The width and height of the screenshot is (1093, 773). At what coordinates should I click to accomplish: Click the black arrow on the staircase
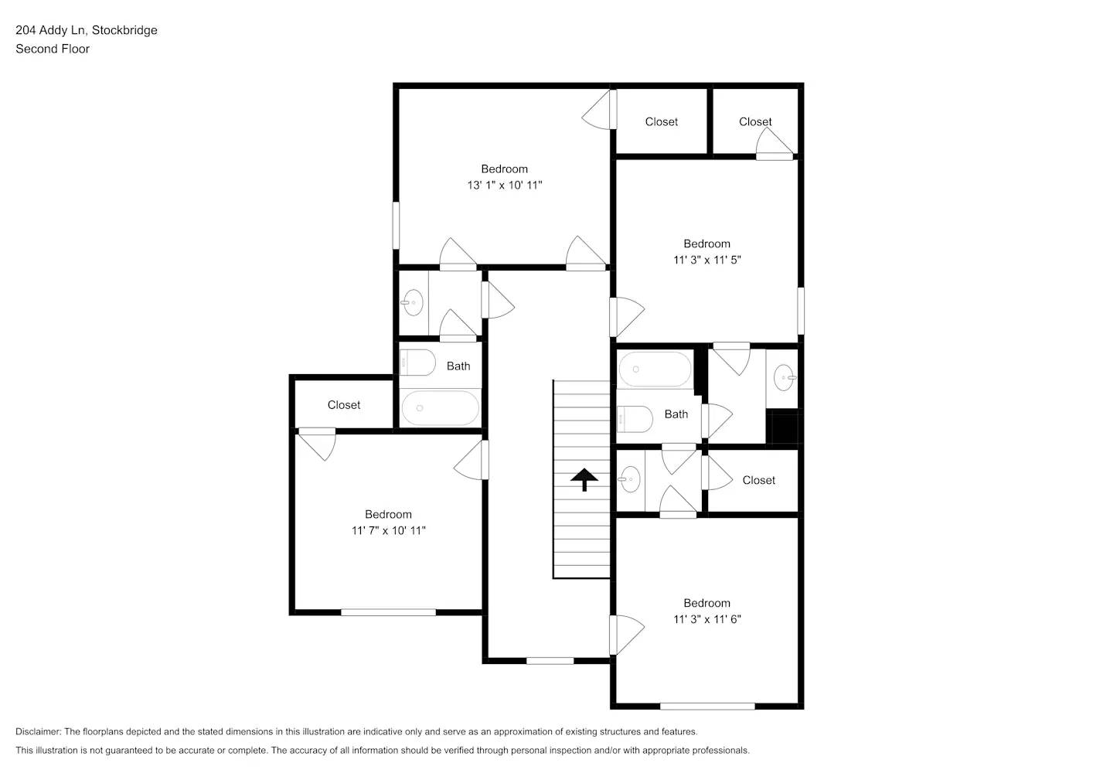(x=584, y=480)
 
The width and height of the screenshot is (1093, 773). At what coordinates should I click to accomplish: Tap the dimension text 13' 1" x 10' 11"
(x=504, y=186)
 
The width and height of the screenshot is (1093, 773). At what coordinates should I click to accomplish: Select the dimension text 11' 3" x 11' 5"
(x=707, y=261)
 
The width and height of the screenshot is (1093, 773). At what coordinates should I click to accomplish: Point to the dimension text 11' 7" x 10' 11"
(x=388, y=531)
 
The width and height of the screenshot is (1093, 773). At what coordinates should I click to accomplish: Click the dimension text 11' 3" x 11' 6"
(x=707, y=619)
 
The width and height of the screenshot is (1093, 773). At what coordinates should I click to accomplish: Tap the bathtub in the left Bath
(x=440, y=407)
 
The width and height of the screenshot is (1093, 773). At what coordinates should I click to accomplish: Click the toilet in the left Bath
(x=417, y=363)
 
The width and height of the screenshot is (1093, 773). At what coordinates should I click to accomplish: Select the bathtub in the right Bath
(x=655, y=369)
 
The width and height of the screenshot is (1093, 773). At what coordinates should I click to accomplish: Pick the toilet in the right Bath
(x=635, y=419)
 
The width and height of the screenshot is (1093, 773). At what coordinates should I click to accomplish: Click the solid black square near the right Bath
(x=783, y=429)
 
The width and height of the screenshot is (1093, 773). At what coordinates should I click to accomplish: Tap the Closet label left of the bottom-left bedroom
(x=343, y=405)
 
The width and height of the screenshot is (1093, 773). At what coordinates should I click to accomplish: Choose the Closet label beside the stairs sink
(x=758, y=480)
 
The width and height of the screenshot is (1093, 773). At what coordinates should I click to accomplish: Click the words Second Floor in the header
(x=53, y=49)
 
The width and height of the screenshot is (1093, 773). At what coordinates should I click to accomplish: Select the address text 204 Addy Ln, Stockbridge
(x=87, y=30)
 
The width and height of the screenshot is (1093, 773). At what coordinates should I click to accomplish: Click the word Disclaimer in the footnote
(x=38, y=731)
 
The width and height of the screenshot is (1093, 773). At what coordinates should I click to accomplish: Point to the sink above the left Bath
(x=413, y=302)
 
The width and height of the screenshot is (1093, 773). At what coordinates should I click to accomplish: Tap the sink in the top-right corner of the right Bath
(x=785, y=378)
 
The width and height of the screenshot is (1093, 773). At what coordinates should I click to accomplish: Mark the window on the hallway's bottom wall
(x=550, y=661)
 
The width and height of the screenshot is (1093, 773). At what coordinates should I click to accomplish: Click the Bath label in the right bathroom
(x=676, y=414)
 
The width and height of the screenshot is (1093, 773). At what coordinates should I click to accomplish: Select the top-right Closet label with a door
(x=754, y=121)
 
